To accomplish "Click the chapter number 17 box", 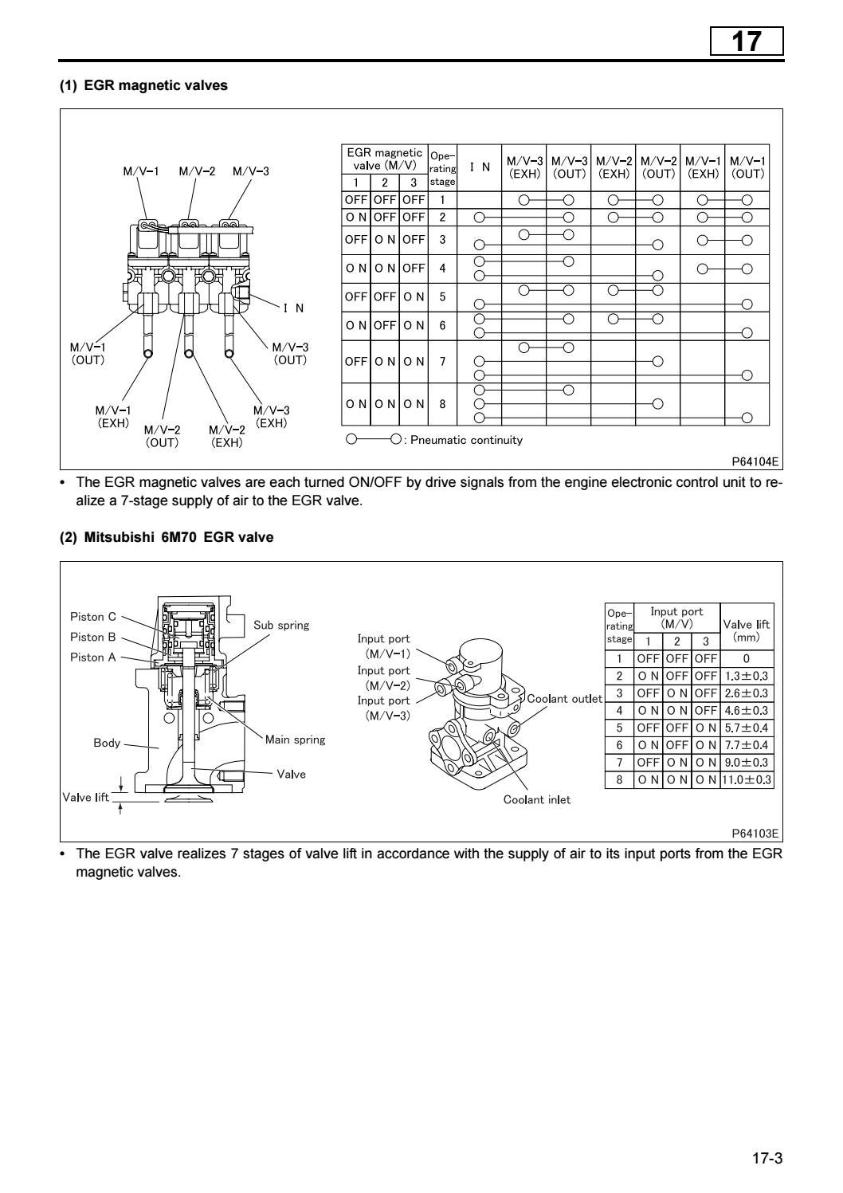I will coord(747,41).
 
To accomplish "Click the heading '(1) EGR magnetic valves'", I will coord(143,86).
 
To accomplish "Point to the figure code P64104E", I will coord(755,461).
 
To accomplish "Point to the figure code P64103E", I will coord(755,834).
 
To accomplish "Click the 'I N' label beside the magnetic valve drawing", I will coord(293,308).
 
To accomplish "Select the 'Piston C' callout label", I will coord(92,617).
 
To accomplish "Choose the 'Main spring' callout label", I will coord(295,740).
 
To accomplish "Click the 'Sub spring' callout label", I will coord(281,625).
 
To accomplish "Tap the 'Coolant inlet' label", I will coord(536,799).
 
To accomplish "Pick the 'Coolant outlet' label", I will coord(564,699).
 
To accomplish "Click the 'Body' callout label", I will coord(107,743).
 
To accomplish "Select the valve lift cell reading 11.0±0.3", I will coord(746,780).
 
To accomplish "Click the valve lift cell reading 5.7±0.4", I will coord(746,728).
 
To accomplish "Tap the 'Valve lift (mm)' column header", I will coord(746,630).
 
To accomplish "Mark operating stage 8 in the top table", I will coord(442,404).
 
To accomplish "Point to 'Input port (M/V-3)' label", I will coord(383,708).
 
